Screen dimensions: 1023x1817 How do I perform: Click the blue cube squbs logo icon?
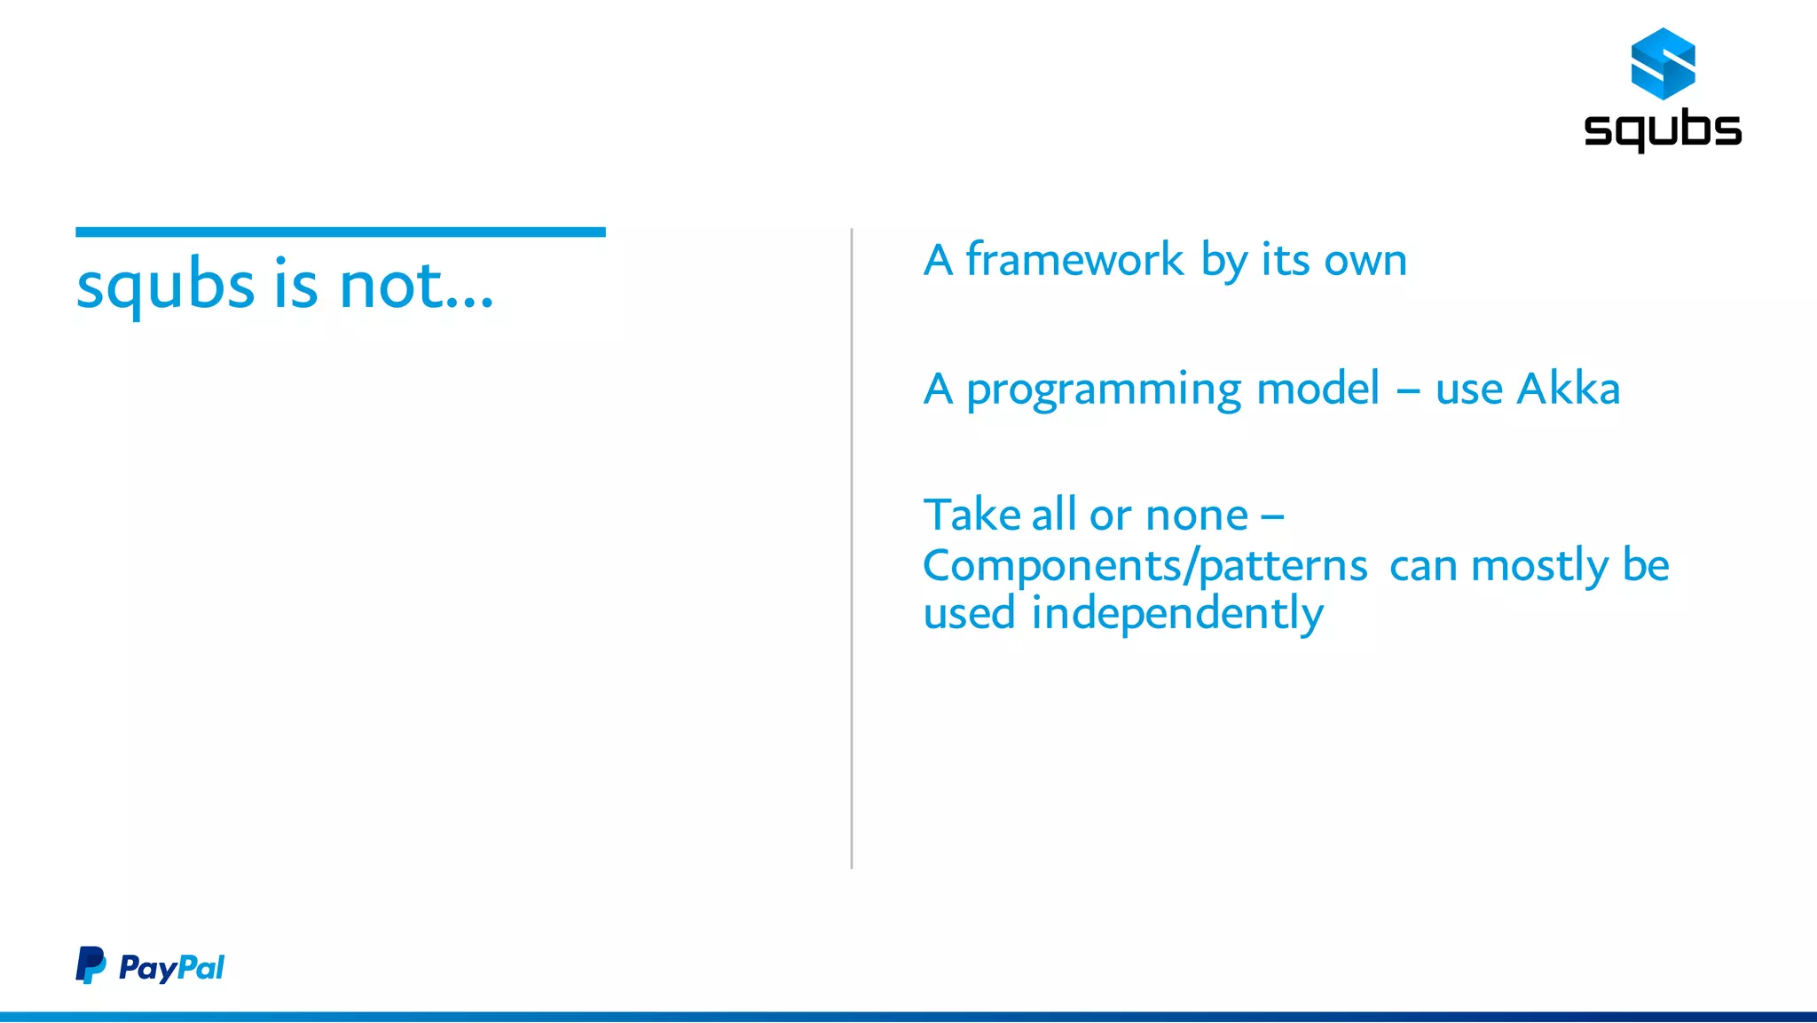click(x=1663, y=63)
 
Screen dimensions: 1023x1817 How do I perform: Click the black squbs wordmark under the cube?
click(x=1663, y=130)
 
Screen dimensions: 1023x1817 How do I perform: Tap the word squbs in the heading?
click(x=166, y=287)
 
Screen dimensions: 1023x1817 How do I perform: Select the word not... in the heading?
click(x=416, y=287)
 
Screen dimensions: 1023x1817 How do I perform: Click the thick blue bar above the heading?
click(x=341, y=232)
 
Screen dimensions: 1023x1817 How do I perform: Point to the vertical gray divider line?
click(x=852, y=548)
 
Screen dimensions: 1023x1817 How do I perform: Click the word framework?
click(x=1074, y=260)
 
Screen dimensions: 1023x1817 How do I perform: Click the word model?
click(x=1318, y=389)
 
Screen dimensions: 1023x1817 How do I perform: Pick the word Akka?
click(x=1568, y=389)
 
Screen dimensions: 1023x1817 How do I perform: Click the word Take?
click(x=971, y=515)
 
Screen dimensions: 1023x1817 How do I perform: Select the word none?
click(x=1196, y=516)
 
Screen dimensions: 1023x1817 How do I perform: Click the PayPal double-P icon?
click(x=90, y=965)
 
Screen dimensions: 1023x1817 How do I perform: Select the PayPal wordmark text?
click(x=171, y=967)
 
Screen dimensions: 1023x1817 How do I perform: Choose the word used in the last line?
click(x=969, y=614)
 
